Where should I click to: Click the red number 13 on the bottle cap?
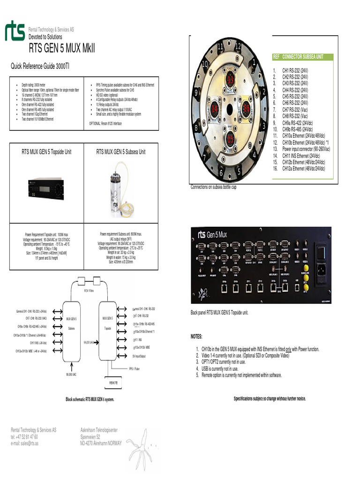230,80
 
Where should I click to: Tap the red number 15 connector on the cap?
230,139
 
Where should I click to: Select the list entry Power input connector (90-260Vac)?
306,149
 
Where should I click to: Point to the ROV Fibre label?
90,291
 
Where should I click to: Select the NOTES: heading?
196,337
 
